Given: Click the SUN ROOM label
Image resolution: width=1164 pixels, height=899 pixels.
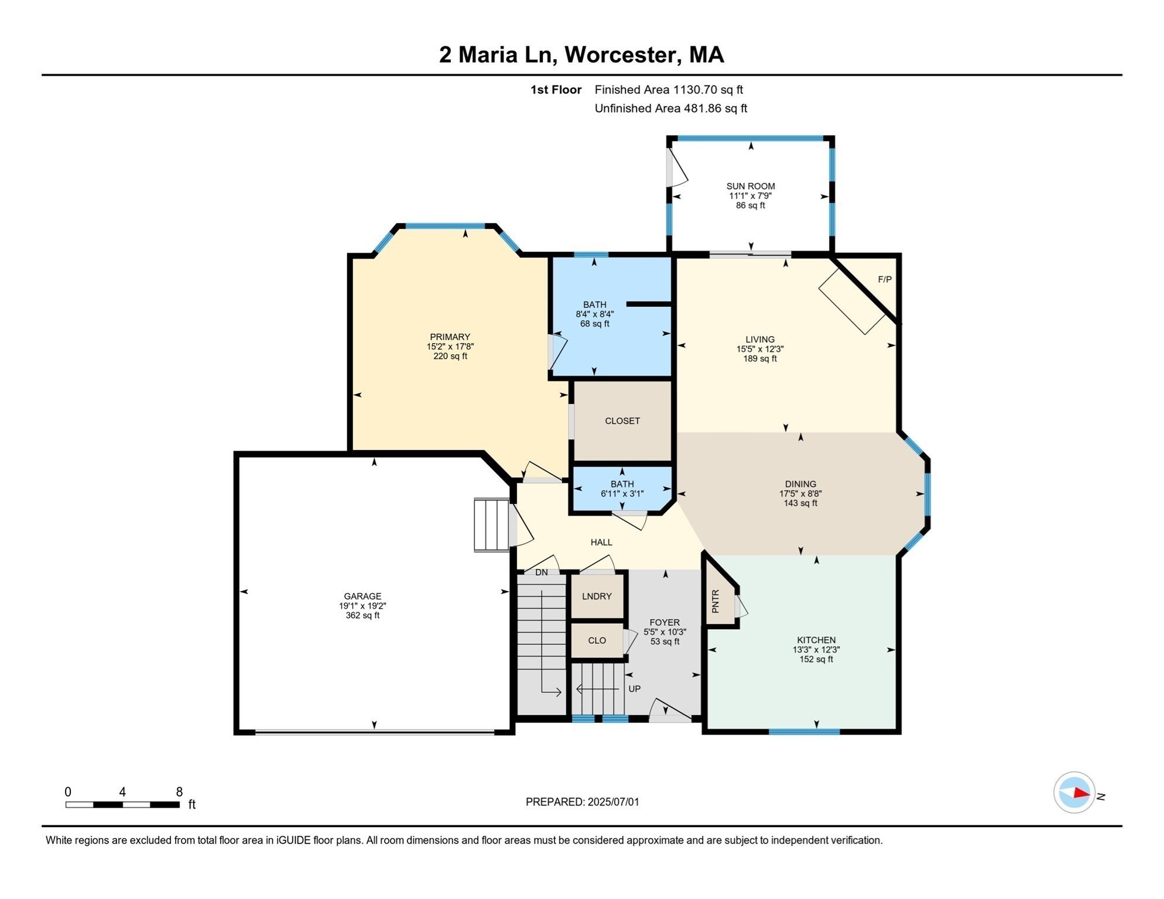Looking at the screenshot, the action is coord(751,186).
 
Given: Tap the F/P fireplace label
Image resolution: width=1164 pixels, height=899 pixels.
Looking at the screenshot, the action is coord(885,280).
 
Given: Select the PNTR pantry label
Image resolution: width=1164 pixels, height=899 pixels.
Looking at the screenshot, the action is coord(715,602).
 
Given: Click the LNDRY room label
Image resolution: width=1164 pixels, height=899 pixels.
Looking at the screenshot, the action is coord(597,596).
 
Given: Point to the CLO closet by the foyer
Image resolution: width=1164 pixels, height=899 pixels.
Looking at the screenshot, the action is coord(597,640).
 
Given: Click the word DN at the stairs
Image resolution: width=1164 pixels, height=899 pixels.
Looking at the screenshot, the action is coord(542,572).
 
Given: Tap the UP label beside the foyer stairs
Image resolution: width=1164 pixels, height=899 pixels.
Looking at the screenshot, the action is coord(635,689).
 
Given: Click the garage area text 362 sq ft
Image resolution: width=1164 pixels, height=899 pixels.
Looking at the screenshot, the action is coord(362,616).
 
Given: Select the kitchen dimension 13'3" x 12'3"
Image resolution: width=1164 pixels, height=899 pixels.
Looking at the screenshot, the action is coord(816,650).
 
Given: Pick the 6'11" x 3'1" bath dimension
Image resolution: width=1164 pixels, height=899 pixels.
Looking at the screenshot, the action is coord(622,493).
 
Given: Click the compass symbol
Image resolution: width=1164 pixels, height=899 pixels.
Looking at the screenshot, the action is coord(1074,793).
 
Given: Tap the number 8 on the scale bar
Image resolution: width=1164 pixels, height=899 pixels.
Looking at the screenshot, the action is coord(179,792).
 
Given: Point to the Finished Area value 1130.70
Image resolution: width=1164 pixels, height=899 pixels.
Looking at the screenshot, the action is coord(696,90).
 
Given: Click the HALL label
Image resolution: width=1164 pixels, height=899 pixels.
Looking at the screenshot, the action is coord(601,543).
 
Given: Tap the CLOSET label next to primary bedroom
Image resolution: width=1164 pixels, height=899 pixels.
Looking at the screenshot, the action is coord(622,421).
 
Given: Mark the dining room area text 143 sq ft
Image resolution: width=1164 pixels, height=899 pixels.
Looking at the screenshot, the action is coord(800,503).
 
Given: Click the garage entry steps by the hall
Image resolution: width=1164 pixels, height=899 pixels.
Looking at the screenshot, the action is coord(492,525).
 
